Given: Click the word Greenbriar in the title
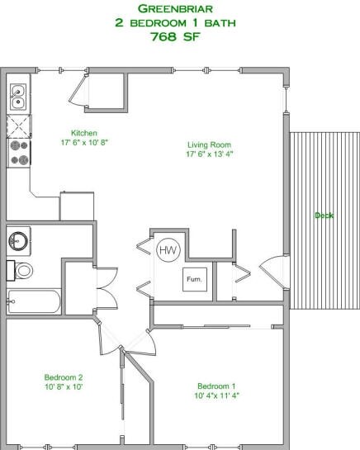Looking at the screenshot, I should click(179, 8).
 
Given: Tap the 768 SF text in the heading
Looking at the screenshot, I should click(179, 36).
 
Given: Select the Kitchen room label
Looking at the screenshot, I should click(85, 132).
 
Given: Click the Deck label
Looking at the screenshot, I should click(324, 216).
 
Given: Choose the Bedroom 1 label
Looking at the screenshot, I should click(216, 386).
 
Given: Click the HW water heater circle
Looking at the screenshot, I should click(168, 249).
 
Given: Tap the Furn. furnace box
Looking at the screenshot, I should click(194, 280).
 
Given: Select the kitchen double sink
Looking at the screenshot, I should click(17, 98).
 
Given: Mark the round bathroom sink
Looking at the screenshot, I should click(18, 241).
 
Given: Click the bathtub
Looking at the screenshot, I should click(33, 301).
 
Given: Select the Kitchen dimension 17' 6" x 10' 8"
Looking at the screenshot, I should click(85, 142).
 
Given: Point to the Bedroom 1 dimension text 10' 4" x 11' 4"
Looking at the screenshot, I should click(216, 396).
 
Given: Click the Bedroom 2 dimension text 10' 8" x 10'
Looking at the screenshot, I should click(64, 386).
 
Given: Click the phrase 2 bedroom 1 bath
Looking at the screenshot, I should click(179, 22).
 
